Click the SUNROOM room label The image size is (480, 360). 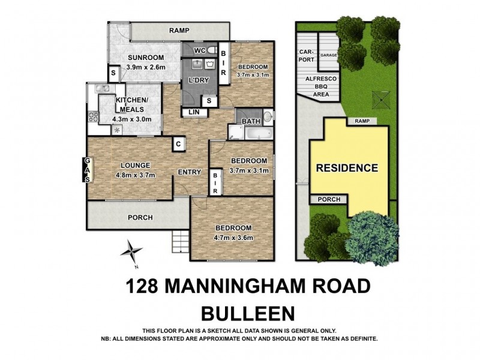pyautogui.click(x=142, y=58)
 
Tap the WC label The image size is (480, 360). pyautogui.click(x=200, y=50)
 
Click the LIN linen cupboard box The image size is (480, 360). pyautogui.click(x=193, y=112)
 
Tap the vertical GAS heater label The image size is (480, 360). pyautogui.click(x=88, y=169)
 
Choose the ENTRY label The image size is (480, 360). pyautogui.click(x=189, y=172)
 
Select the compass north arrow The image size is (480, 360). pyautogui.click(x=132, y=251)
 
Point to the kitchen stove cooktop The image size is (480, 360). pyautogui.click(x=93, y=116)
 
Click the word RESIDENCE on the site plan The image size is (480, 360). pyautogui.click(x=347, y=168)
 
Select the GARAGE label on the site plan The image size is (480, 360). pyautogui.click(x=328, y=55)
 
